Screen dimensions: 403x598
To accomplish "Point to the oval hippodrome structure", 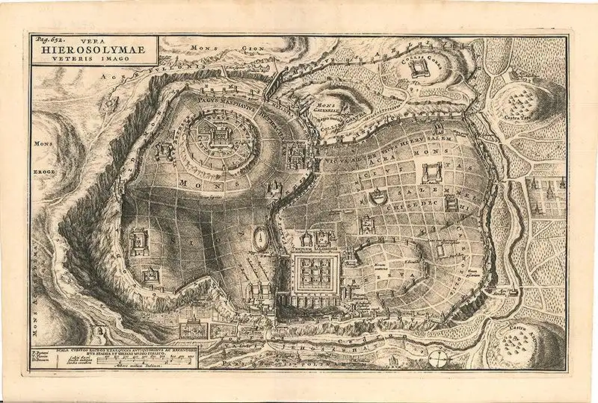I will [x=260, y=237].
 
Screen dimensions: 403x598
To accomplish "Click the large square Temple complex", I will [x=315, y=272].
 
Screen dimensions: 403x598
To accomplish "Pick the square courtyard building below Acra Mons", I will [x=433, y=175].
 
